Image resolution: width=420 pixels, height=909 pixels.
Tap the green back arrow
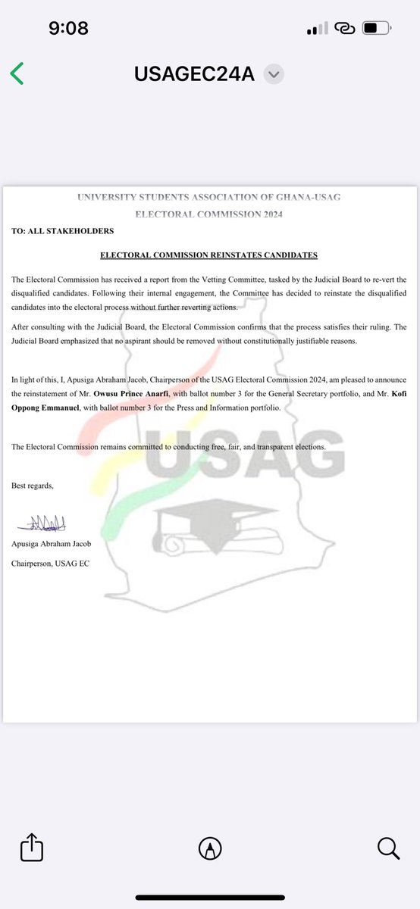click(17, 73)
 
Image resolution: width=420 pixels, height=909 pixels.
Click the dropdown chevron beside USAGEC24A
click(274, 74)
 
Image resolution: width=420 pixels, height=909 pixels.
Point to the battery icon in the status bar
click(376, 29)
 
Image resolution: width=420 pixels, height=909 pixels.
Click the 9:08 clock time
click(68, 29)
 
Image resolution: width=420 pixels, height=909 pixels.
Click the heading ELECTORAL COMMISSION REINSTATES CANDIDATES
click(209, 255)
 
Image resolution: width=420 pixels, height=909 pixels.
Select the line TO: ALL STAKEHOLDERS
click(63, 230)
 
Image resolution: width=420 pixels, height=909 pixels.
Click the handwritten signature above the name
click(38, 522)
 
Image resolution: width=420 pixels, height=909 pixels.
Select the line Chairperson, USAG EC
click(50, 563)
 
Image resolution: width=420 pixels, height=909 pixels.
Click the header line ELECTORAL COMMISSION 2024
click(209, 214)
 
